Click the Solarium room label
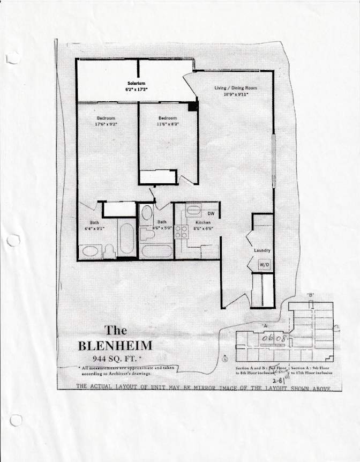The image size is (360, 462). pyautogui.click(x=137, y=83)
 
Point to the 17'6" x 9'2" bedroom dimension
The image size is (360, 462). pyautogui.click(x=106, y=124)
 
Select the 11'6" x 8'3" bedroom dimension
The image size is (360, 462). pyautogui.click(x=168, y=124)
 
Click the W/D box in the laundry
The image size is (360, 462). pyautogui.click(x=264, y=265)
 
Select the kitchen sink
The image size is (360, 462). pyautogui.click(x=193, y=210)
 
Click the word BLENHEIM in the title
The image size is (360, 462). pyautogui.click(x=115, y=346)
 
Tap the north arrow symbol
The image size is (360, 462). pyautogui.click(x=225, y=359)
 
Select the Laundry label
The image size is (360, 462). pyautogui.click(x=262, y=250)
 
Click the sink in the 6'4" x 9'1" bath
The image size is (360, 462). pyautogui.click(x=90, y=251)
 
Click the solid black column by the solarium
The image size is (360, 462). pyautogui.click(x=193, y=106)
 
